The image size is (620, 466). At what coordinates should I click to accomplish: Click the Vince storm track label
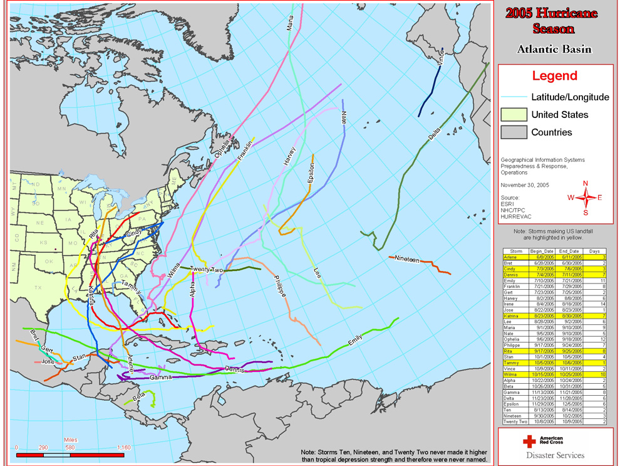pos(441,58)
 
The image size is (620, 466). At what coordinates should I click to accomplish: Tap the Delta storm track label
pos(434,135)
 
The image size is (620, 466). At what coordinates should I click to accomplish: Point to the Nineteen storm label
pos(407,259)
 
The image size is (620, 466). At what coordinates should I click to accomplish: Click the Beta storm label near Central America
pos(139,396)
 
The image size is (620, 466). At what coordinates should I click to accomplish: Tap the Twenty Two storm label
pos(207,269)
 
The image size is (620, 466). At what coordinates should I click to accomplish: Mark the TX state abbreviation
pos(38,287)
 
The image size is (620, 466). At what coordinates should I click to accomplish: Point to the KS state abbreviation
pos(44,242)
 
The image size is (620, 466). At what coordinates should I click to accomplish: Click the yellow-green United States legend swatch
pos(513,115)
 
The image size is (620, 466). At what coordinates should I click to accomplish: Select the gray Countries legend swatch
pos(513,132)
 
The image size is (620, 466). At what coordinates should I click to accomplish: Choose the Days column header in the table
pos(597,251)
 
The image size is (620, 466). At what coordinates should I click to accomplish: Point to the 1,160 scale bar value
pos(123,447)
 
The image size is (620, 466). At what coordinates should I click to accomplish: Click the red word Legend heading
pos(554,76)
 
